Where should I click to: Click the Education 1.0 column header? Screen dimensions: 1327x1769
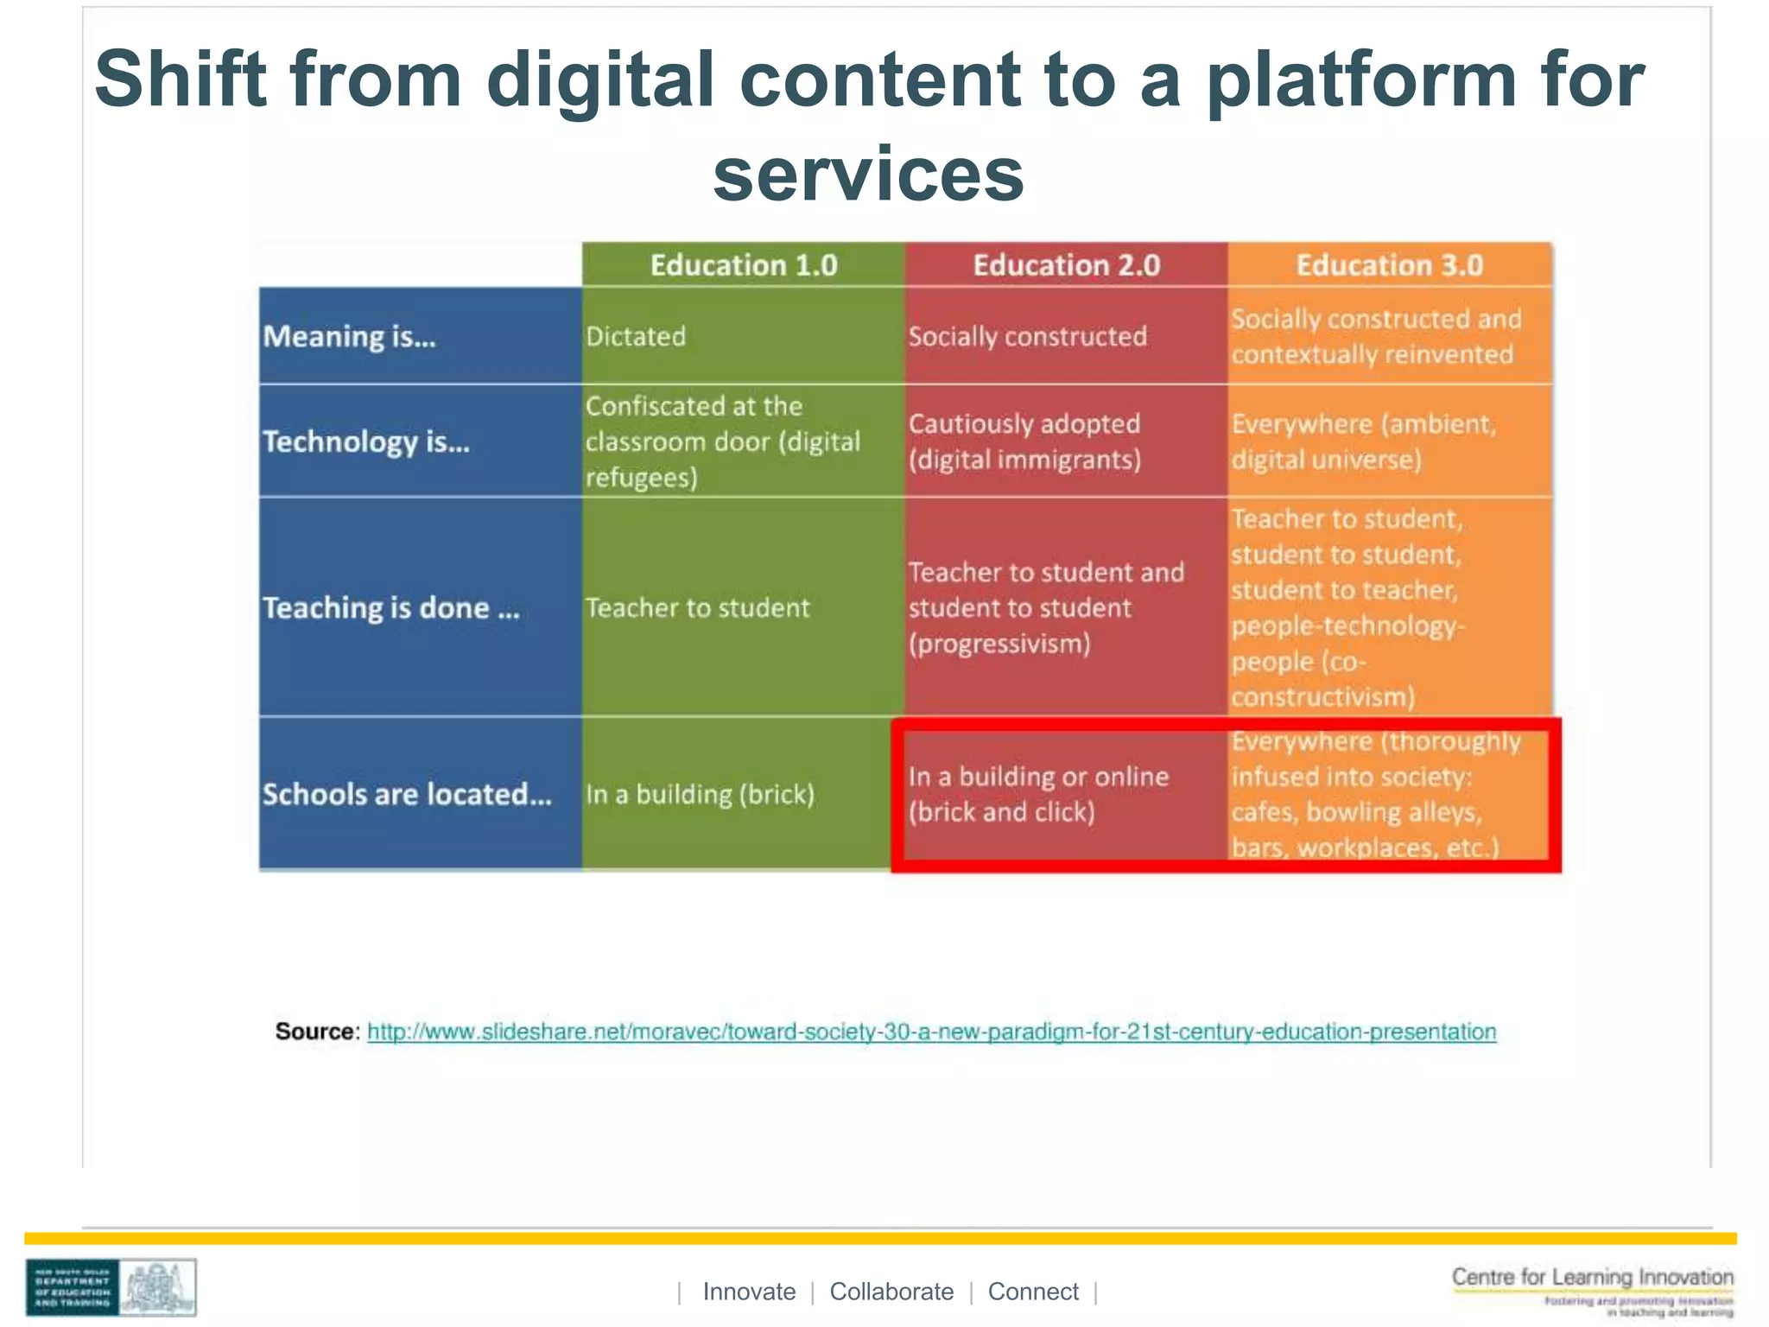743,265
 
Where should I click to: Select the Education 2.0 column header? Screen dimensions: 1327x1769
1066,265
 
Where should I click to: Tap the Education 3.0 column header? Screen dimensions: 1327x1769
1389,265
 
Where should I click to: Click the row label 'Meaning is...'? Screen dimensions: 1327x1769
349,336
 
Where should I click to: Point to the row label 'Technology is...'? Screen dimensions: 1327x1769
366,441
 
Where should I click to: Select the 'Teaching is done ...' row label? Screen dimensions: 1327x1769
391,608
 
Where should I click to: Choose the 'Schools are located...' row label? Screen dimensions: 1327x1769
407,794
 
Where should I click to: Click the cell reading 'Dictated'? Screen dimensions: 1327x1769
636,336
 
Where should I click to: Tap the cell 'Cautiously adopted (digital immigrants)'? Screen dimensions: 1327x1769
1024,441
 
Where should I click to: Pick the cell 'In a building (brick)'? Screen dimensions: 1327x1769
700,794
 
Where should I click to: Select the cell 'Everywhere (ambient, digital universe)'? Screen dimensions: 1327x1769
1362,441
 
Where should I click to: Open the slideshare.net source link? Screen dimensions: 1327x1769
931,1032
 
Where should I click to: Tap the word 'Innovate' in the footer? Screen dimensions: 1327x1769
749,1292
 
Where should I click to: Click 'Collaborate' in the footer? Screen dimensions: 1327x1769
891,1292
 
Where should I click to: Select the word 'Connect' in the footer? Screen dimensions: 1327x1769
1033,1292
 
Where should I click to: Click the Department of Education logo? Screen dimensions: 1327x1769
111,1287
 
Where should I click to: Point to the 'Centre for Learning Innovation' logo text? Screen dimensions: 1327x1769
1592,1277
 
